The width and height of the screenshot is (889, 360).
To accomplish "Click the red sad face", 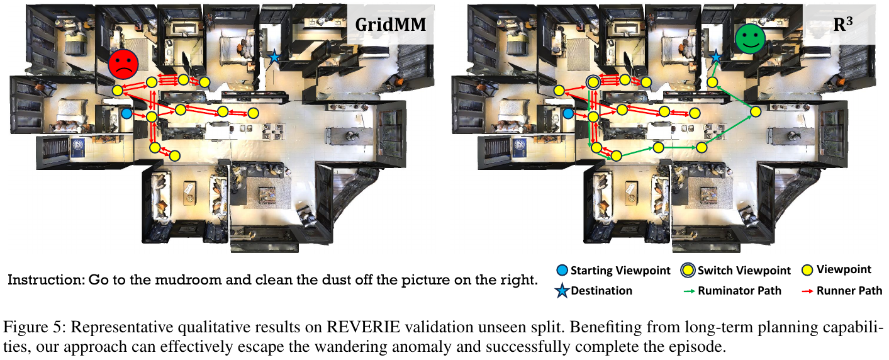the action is coord(123,64).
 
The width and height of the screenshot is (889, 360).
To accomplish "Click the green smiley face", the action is coord(750,38).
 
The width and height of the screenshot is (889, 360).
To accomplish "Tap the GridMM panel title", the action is coord(391,25).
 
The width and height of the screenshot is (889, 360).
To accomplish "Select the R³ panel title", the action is coord(843,24).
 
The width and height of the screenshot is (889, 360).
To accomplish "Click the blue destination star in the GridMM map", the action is coord(274,57).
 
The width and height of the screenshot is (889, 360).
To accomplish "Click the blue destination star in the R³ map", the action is coord(715,57).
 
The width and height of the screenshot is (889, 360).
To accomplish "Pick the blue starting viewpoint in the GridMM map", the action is coord(126,113).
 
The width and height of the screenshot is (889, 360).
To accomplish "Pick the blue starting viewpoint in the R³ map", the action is coord(568,114).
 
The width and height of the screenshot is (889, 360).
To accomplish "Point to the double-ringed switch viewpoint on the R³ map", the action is coord(593,82).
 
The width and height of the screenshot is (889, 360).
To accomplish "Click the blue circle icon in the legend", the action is coord(562,271).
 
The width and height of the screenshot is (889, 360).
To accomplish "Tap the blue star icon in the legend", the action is coord(562,291).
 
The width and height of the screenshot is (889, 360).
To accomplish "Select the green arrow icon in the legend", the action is coord(690,291).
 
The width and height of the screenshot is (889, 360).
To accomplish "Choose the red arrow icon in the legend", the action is coord(808,291).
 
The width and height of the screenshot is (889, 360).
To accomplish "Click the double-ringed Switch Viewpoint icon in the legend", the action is coord(688,271).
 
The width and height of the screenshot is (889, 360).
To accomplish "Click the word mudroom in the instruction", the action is coord(189,280).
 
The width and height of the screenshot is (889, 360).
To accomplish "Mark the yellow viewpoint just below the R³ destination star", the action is coord(713,82).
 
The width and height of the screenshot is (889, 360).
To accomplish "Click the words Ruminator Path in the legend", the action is coord(739,291).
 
